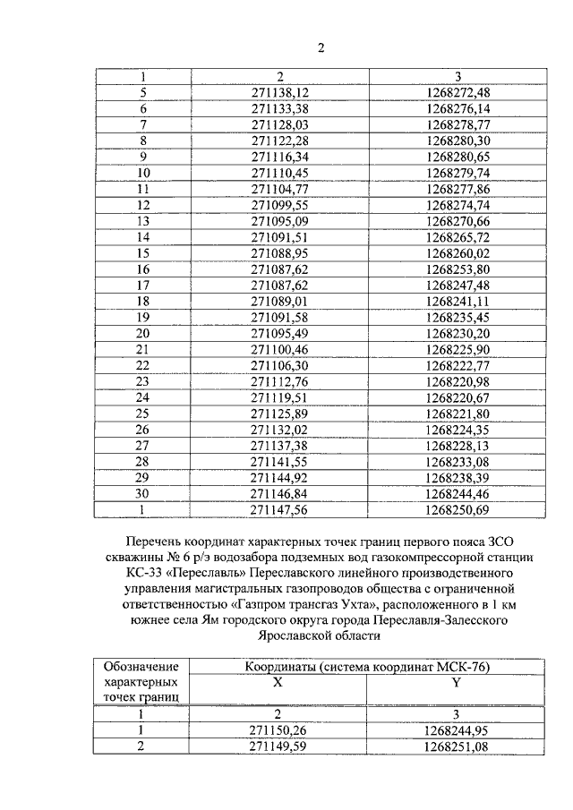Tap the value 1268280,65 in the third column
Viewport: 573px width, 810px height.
coord(458,156)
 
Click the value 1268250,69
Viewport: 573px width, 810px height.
coord(458,510)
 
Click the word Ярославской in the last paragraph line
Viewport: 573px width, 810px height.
coord(304,636)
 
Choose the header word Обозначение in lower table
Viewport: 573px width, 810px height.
coord(141,667)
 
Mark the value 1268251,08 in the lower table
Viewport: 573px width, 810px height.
coord(457,745)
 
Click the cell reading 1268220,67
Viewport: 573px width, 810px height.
coord(458,397)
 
